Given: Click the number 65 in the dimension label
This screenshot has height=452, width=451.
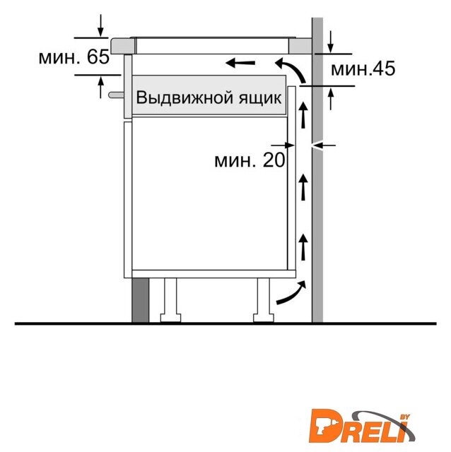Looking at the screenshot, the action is click(x=98, y=56).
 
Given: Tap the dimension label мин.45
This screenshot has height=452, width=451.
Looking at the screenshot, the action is click(x=363, y=69).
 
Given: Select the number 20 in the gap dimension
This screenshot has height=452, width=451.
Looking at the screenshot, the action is click(x=274, y=160).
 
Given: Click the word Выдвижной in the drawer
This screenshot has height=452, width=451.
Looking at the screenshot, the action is click(x=184, y=97).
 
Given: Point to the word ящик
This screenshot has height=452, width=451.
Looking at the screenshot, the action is click(x=259, y=98).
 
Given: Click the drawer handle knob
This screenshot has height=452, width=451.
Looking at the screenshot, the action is click(x=116, y=95).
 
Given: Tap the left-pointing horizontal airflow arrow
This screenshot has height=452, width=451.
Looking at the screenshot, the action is click(x=240, y=62).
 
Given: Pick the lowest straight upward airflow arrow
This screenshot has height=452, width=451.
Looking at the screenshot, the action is click(x=303, y=246).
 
